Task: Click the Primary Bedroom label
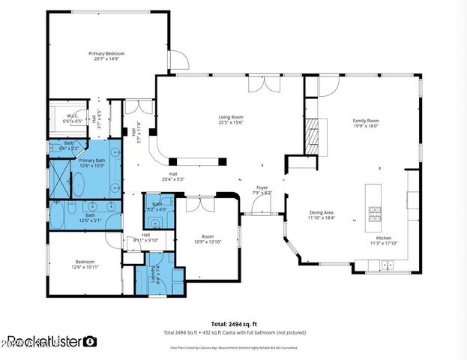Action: pos(106,54)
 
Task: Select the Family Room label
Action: pos(366,121)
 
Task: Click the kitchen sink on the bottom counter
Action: pos(386,263)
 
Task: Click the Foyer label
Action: pos(262,187)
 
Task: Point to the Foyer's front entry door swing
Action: pos(262,208)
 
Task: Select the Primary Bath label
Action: pos(92,160)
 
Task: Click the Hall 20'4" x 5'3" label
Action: pos(172,175)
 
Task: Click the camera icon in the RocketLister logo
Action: pos(90,341)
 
